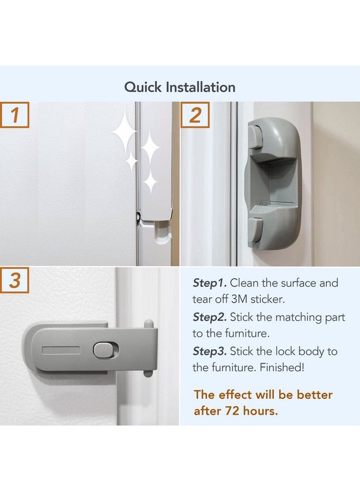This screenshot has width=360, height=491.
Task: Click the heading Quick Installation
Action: coord(180,87)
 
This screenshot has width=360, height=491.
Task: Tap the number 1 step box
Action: coord(15,115)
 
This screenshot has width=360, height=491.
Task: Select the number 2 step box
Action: coord(195,115)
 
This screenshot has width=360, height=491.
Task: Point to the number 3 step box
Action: coord(15,280)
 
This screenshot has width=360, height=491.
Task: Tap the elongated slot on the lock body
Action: coord(60,350)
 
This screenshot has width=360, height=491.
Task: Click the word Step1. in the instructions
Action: coord(209,283)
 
